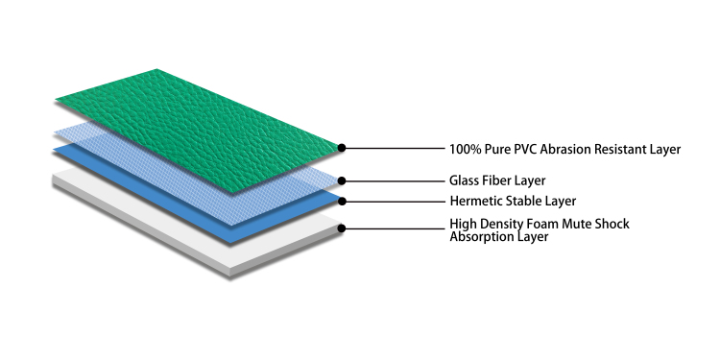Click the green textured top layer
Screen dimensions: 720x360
pyautogui.click(x=198, y=130)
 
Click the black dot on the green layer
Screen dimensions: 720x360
pyautogui.click(x=342, y=148)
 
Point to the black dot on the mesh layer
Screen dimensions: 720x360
pyautogui.click(x=342, y=180)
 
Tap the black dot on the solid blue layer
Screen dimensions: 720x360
pyautogui.click(x=342, y=202)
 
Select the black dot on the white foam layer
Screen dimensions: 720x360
pyautogui.click(x=342, y=228)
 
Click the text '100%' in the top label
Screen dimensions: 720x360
pyautogui.click(x=466, y=149)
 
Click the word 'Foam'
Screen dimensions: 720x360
pyautogui.click(x=540, y=224)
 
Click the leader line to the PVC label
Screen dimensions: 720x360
pyautogui.click(x=396, y=148)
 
